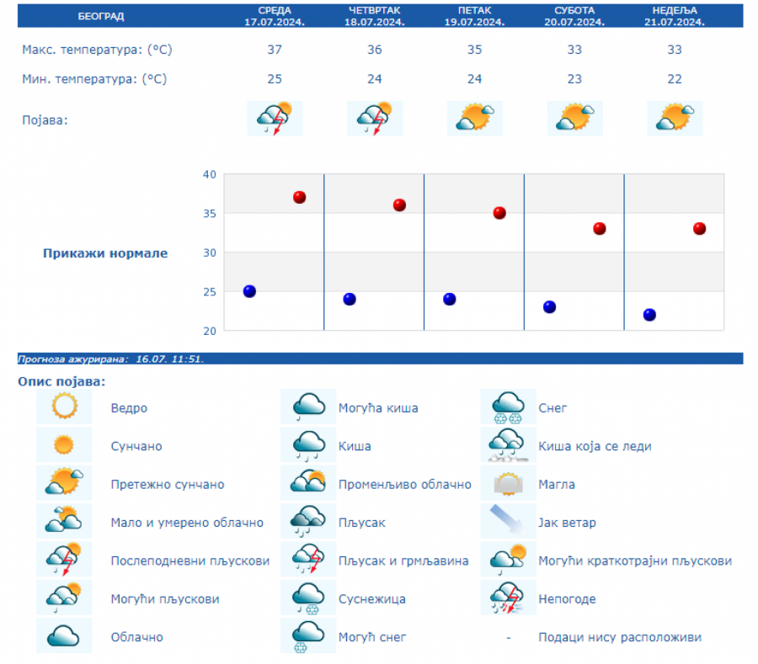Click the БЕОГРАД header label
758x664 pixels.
[x=101, y=16]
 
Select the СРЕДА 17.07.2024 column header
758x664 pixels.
[x=275, y=16]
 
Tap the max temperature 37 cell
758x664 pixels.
[x=275, y=50]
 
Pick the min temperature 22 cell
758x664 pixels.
[x=674, y=79]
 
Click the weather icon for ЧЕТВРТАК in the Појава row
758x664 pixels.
[x=375, y=119]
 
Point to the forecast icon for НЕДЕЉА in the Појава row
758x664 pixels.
[x=675, y=118]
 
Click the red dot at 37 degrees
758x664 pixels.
[x=299, y=197]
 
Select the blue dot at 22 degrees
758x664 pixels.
[x=649, y=315]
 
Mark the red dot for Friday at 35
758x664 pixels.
[x=499, y=213]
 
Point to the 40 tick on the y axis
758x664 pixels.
[x=209, y=174]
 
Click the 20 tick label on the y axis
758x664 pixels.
[x=209, y=331]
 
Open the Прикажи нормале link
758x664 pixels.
[x=105, y=253]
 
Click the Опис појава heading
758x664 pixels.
[x=61, y=382]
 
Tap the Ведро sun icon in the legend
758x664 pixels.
[x=64, y=407]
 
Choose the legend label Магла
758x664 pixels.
[x=557, y=485]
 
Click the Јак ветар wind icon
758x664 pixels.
[x=508, y=522]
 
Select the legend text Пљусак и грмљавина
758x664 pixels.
[x=403, y=560]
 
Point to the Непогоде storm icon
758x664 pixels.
[x=508, y=598]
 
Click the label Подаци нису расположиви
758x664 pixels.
[x=620, y=638]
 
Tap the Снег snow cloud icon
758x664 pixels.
[x=508, y=407]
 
